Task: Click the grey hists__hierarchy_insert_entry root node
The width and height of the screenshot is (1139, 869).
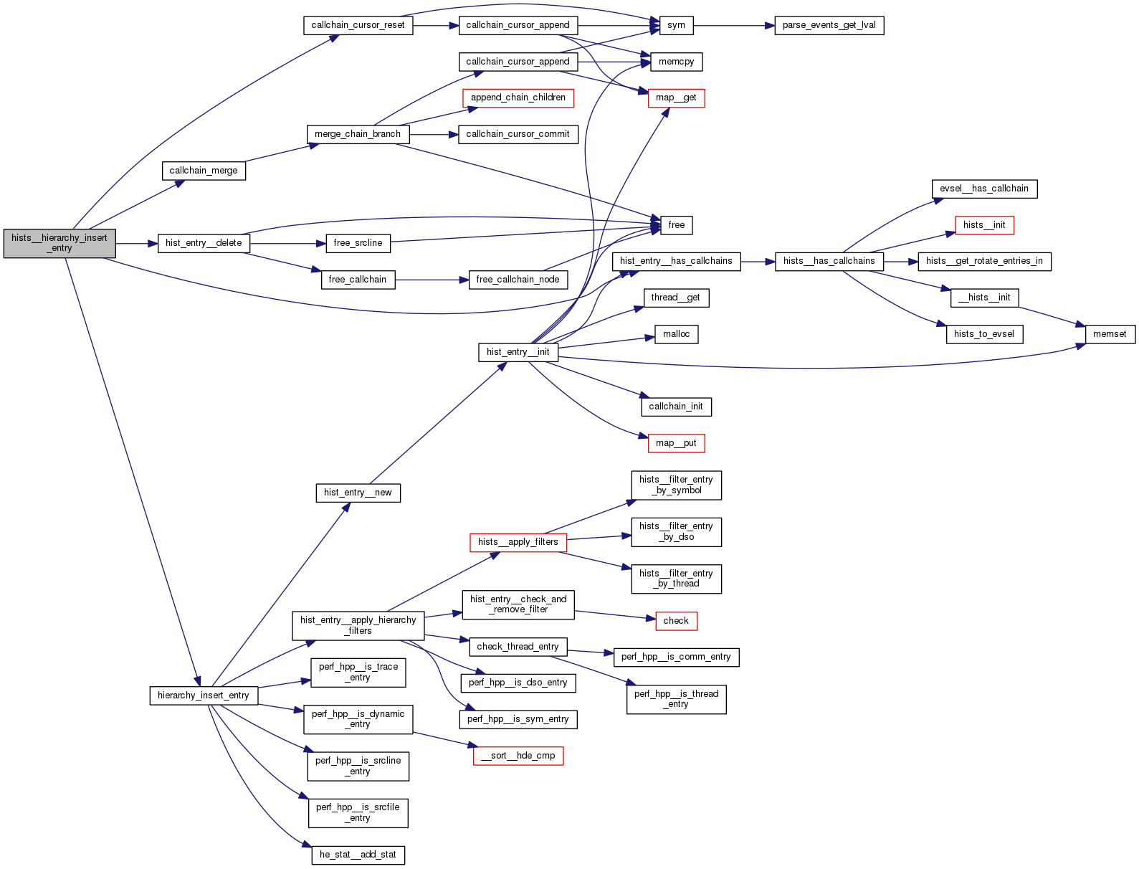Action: point(59,243)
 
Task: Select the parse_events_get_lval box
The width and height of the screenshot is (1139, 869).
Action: point(829,25)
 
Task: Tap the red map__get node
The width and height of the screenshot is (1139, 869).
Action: point(676,98)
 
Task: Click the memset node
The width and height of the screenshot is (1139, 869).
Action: point(1110,334)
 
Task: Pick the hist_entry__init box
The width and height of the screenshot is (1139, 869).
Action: point(518,352)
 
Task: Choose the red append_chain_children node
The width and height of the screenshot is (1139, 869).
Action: point(518,98)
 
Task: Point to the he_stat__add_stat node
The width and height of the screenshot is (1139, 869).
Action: point(358,855)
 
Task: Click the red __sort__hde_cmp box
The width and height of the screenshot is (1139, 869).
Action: point(518,756)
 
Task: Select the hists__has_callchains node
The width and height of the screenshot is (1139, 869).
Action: point(829,261)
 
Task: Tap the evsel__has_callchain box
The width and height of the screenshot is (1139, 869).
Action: point(983,189)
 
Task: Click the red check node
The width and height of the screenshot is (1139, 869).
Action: point(676,621)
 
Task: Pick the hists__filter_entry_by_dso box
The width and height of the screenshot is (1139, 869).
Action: point(676,532)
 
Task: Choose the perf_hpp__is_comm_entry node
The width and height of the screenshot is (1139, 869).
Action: point(676,657)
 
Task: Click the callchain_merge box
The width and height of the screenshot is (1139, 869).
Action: point(204,171)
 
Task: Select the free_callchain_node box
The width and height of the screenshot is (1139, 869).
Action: point(518,280)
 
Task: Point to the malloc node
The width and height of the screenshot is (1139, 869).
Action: point(676,334)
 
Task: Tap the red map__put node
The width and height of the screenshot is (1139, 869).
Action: point(676,443)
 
